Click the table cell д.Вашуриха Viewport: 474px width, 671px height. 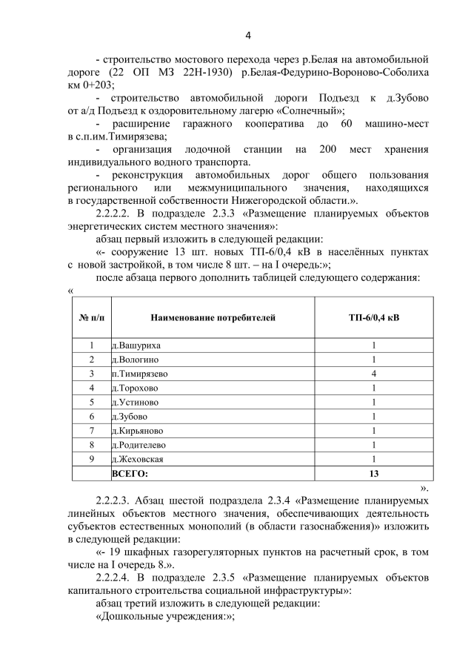point(136,346)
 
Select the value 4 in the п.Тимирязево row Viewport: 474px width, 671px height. point(374,374)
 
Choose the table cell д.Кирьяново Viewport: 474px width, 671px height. point(137,430)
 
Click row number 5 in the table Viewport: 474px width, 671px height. point(91,402)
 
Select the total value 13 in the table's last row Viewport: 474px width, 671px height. point(374,473)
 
